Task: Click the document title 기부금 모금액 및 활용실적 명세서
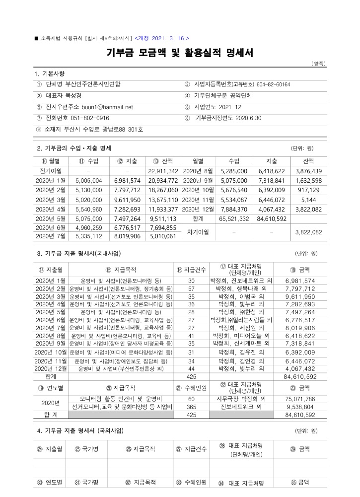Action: [x=179, y=53]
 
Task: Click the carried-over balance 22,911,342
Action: [x=163, y=171]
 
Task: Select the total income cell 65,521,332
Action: [x=234, y=218]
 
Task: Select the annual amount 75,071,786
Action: [x=300, y=399]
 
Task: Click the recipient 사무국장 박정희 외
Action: [x=241, y=399]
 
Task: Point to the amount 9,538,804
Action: [x=300, y=407]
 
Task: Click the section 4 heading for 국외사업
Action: [x=80, y=430]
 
